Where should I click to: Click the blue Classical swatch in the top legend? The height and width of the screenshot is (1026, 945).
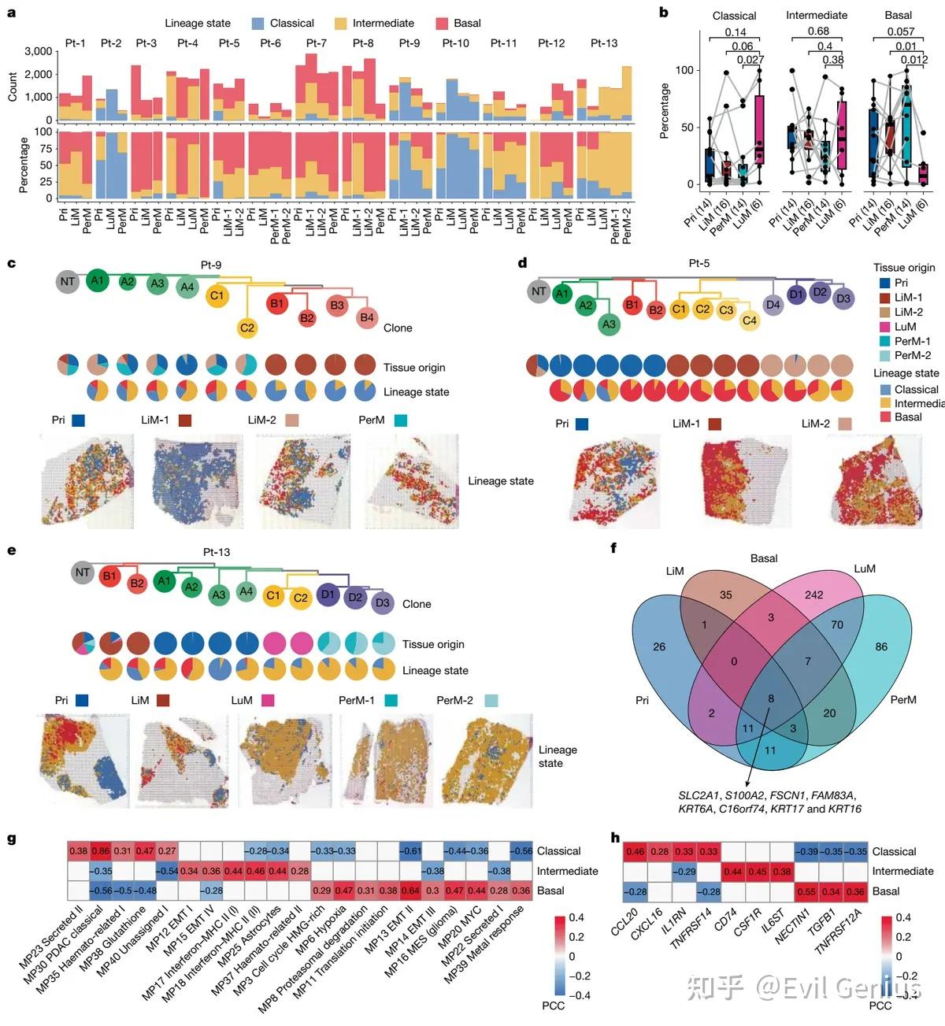pos(258,24)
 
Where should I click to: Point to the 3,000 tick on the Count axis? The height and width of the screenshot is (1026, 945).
pos(39,51)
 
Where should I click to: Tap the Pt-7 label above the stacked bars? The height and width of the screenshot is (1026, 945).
pos(317,43)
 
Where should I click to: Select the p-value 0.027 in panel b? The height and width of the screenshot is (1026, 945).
pos(750,60)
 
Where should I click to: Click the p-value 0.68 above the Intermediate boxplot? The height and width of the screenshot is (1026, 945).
pos(818,31)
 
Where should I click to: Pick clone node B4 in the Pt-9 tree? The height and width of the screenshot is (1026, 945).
pos(367,318)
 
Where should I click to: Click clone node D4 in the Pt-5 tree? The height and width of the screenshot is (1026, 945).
pos(773,305)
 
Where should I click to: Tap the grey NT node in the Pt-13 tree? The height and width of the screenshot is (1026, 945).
pos(83,572)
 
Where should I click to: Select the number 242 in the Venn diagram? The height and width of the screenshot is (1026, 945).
pos(813,595)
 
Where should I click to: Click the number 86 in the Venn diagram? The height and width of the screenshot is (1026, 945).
pos(881,646)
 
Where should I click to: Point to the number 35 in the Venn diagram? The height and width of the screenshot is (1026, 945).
pos(725,595)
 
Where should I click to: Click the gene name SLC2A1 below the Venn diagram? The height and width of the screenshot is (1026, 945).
pos(698,795)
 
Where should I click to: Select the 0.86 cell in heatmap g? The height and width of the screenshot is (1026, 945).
pos(100,851)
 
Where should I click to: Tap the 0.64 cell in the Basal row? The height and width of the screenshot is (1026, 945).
pos(409,891)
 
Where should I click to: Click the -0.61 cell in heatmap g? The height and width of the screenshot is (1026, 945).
pos(409,851)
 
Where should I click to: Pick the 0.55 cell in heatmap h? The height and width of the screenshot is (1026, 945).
pos(806,891)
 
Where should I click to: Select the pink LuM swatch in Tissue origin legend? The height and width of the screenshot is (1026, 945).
pos(884,327)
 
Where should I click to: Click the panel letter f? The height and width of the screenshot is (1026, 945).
pos(614,548)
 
